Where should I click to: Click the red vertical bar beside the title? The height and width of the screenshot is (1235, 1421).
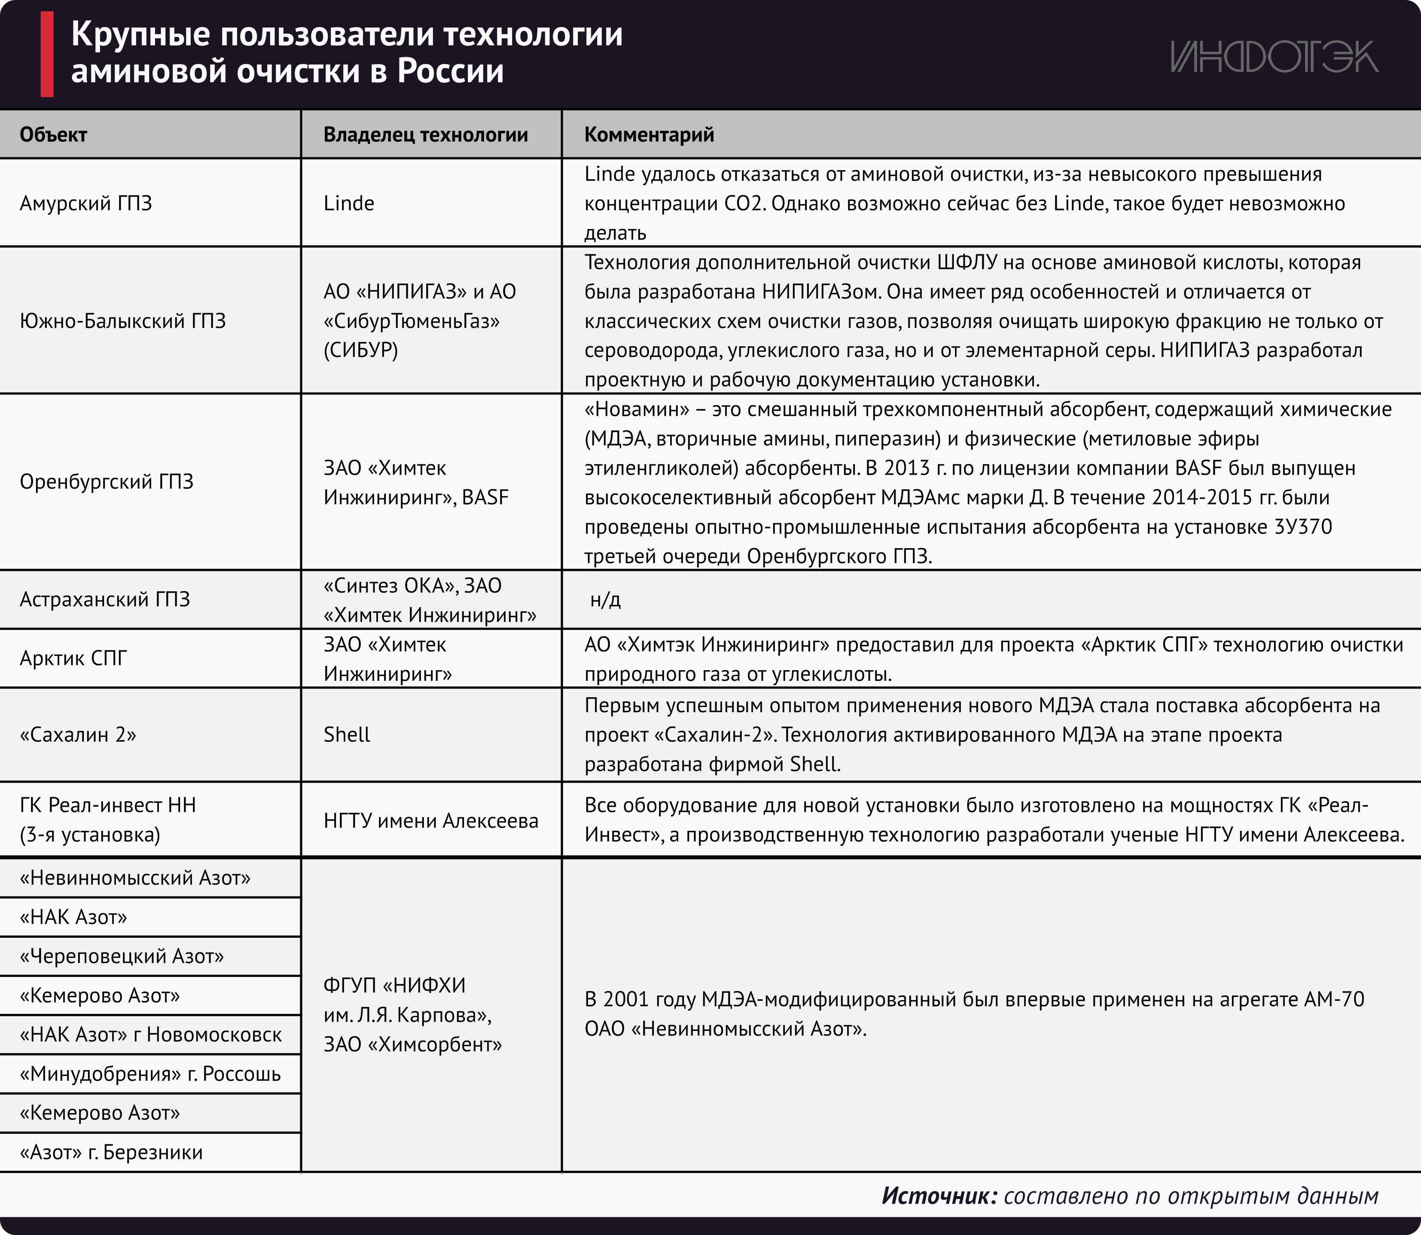[x=47, y=55]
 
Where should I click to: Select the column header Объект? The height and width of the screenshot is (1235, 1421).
[x=53, y=134]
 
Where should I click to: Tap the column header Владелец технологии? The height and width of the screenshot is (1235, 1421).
[x=425, y=134]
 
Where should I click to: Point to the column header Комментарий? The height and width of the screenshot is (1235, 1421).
[x=649, y=134]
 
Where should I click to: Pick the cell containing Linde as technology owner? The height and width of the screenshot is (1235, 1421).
[x=349, y=203]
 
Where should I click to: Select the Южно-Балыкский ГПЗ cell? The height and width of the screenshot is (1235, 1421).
[x=123, y=321]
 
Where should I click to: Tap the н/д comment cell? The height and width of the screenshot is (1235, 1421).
[x=605, y=600]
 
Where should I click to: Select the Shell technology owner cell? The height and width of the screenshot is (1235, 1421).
[x=347, y=735]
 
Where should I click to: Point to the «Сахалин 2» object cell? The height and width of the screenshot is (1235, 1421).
[x=78, y=735]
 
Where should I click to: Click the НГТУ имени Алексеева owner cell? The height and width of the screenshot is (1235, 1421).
[x=431, y=821]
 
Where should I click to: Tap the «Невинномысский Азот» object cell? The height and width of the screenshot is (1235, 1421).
[x=135, y=878]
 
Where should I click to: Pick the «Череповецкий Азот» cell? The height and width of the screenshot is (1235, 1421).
[x=122, y=957]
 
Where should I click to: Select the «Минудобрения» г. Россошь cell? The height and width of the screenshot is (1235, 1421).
[x=150, y=1074]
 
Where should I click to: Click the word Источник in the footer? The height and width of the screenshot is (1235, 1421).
[x=939, y=1196]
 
